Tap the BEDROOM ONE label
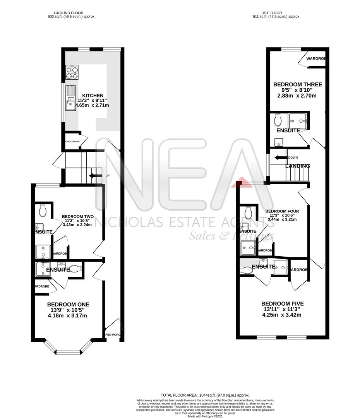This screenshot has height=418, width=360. click(68, 304)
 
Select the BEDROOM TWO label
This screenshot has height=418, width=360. click(78, 216)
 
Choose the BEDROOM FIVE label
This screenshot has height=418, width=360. click(281, 303)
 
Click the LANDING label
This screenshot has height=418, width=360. click(298, 166)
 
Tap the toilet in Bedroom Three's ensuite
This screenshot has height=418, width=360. click(278, 120)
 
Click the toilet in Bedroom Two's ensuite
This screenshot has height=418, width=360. click(43, 211)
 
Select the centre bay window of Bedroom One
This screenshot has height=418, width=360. click(68, 352)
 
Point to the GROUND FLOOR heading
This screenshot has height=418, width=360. click(69, 13)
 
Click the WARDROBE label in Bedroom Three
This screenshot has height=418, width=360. click(315, 59)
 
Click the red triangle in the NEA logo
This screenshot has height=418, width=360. click(242, 182)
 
